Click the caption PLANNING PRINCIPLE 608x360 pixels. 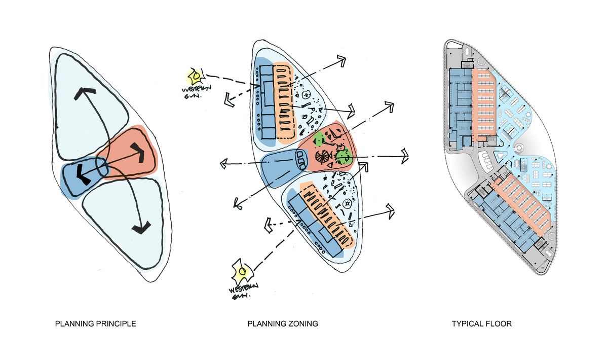pyautogui.click(x=95, y=323)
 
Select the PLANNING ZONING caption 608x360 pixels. pyautogui.click(x=283, y=323)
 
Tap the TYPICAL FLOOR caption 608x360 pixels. pyautogui.click(x=481, y=323)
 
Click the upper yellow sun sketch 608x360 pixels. pyautogui.click(x=195, y=76)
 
